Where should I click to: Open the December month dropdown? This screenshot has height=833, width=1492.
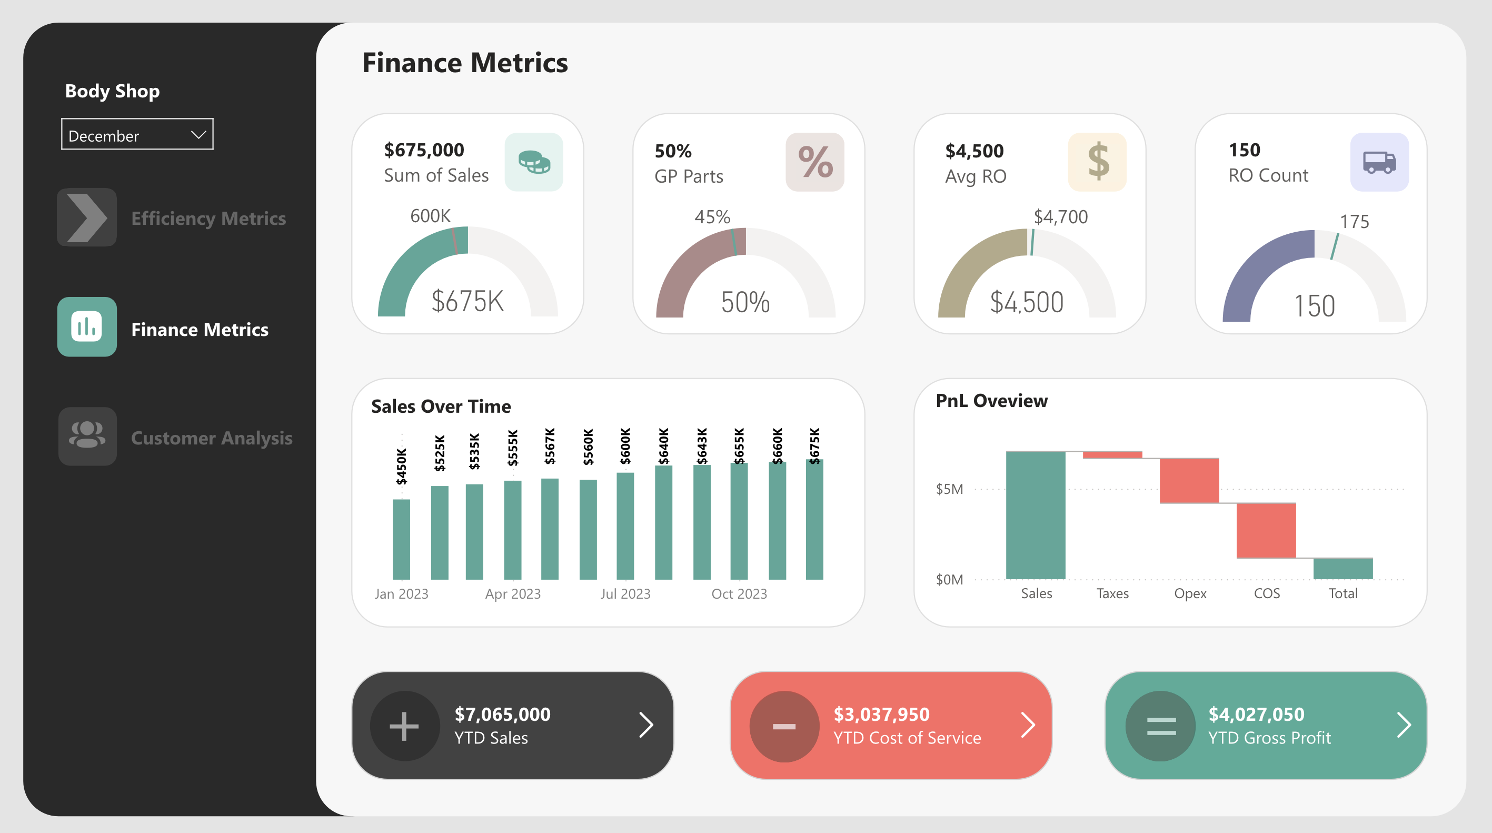pyautogui.click(x=137, y=135)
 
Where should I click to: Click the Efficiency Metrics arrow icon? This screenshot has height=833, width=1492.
pyautogui.click(x=87, y=218)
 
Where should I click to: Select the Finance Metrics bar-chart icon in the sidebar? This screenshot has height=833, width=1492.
pyautogui.click(x=87, y=328)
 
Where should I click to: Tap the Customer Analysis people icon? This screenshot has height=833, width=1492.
pyautogui.click(x=87, y=436)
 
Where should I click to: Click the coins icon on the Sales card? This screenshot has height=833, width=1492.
pyautogui.click(x=533, y=162)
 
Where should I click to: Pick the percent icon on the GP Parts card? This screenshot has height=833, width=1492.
pyautogui.click(x=814, y=162)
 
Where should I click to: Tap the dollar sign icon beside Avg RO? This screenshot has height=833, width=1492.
pyautogui.click(x=1097, y=162)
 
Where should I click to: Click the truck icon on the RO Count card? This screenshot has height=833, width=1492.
pyautogui.click(x=1379, y=162)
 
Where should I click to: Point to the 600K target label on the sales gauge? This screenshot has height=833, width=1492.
pyautogui.click(x=430, y=216)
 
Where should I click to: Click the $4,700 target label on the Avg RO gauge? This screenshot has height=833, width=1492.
pyautogui.click(x=1060, y=217)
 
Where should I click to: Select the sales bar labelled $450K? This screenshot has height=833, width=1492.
pyautogui.click(x=401, y=539)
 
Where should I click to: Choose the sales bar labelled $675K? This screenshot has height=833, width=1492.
pyautogui.click(x=814, y=519)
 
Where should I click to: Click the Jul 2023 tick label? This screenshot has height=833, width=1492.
pyautogui.click(x=625, y=594)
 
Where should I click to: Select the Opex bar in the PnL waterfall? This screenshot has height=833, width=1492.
pyautogui.click(x=1189, y=481)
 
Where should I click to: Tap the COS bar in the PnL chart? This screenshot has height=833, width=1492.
pyautogui.click(x=1266, y=530)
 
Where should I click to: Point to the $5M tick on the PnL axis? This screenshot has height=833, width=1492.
pyautogui.click(x=949, y=490)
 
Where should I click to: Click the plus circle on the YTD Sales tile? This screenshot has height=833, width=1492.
pyautogui.click(x=404, y=726)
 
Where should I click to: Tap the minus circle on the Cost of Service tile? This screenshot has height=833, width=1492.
pyautogui.click(x=784, y=726)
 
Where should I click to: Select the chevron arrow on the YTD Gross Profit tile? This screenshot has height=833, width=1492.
pyautogui.click(x=1404, y=725)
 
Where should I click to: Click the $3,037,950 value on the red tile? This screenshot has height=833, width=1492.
pyautogui.click(x=881, y=714)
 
